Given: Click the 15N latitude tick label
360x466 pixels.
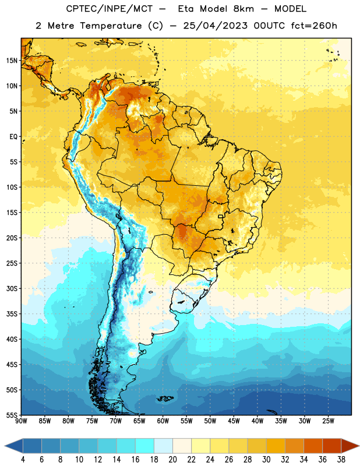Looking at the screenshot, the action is click(12, 61).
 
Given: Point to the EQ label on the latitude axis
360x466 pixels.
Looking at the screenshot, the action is click(13, 137).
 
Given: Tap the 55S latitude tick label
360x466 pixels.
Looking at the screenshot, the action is click(12, 415).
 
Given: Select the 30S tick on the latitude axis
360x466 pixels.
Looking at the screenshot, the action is click(12, 288).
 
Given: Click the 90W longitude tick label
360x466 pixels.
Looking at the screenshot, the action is click(22, 421).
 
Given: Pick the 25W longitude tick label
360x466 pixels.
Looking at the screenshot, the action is click(328, 421).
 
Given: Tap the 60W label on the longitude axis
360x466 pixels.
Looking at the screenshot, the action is click(163, 421).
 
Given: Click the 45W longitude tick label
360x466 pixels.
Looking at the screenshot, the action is click(234, 421).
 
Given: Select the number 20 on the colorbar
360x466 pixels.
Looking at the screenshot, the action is click(172, 460).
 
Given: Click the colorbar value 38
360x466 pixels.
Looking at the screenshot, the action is click(341, 460).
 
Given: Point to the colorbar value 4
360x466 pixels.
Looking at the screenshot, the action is click(23, 460).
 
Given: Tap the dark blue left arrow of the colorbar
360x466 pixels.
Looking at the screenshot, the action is click(14, 446).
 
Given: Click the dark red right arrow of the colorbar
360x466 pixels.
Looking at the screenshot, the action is click(350, 446).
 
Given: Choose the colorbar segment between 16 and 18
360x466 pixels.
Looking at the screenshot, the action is click(145, 446).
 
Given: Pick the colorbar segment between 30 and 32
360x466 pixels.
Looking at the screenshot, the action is click(276, 446).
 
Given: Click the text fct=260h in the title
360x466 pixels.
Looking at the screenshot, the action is click(314, 26).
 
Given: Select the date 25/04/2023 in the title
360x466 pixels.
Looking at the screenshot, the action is click(215, 26).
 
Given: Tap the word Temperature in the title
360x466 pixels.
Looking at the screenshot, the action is click(111, 26).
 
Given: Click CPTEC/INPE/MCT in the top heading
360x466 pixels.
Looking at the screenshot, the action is click(110, 9).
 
